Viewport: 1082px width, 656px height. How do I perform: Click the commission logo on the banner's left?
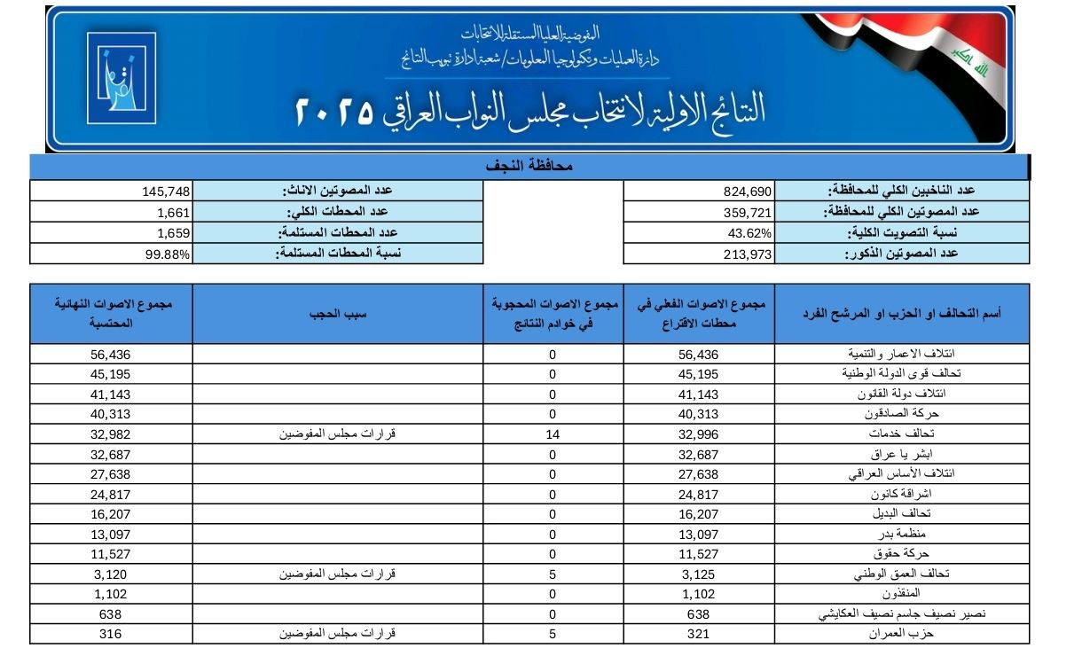point(122,78)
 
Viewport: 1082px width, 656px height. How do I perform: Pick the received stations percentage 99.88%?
point(169,254)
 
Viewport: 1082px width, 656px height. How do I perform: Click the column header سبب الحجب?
point(337,314)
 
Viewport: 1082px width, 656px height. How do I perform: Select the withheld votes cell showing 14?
point(553,434)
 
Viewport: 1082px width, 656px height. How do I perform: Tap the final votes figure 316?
point(112,634)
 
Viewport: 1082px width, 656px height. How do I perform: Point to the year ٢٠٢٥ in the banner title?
point(332,110)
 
